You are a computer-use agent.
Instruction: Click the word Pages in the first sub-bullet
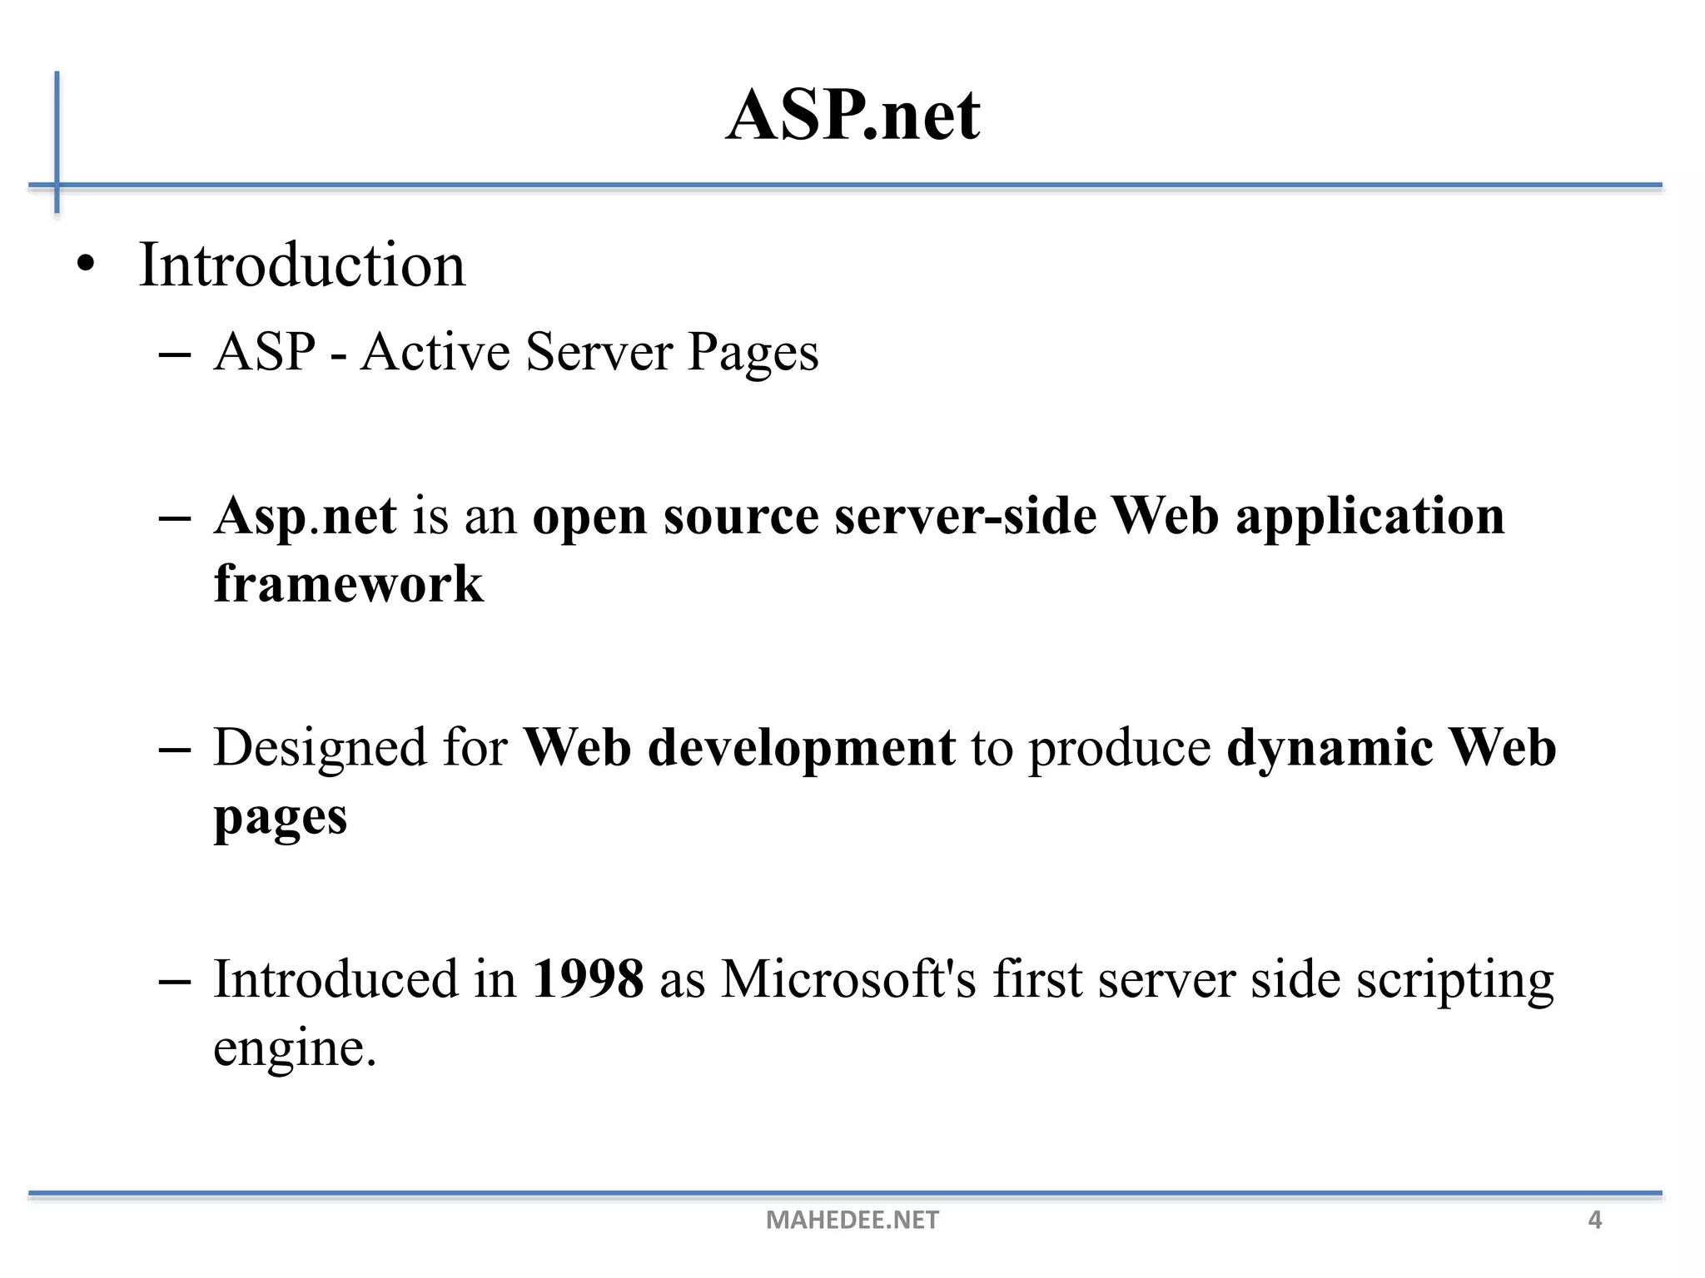(x=753, y=353)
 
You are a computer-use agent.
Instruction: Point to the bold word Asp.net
(x=305, y=516)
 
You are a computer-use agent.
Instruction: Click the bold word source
(x=741, y=516)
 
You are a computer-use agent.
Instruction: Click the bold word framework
(x=348, y=583)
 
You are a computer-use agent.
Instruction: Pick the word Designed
(x=320, y=747)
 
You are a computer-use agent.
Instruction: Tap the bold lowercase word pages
(x=280, y=818)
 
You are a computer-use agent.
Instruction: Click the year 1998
(x=588, y=978)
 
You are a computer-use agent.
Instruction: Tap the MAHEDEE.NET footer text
(x=852, y=1220)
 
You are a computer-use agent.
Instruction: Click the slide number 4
(x=1594, y=1220)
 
